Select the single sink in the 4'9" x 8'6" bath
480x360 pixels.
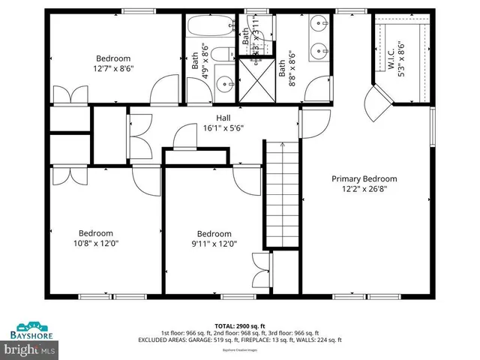223,82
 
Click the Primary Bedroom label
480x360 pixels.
364,184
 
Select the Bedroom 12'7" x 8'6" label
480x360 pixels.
112,63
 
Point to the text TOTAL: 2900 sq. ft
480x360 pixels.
240,325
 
